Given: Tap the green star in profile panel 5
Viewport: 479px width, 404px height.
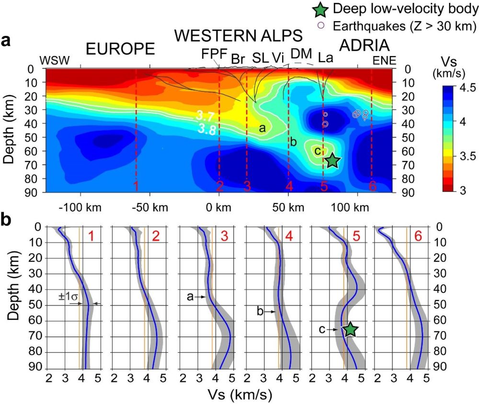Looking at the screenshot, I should pyautogui.click(x=351, y=329).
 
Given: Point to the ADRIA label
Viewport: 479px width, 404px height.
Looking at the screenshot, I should pyautogui.click(x=364, y=45).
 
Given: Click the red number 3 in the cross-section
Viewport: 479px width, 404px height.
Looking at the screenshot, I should pyautogui.click(x=247, y=186).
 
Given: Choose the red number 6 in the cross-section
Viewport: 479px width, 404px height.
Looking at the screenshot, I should pyautogui.click(x=372, y=186).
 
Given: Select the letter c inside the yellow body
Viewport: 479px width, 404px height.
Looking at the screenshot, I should pyautogui.click(x=317, y=151).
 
